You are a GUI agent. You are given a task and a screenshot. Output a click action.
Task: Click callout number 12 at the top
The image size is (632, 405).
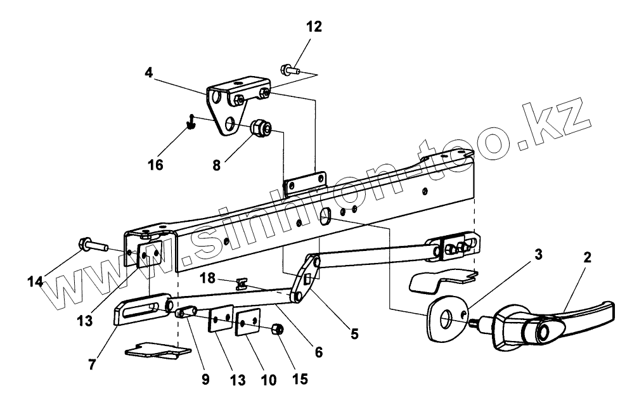pos(314,27)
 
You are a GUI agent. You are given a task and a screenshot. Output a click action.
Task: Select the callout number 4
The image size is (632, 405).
pos(148,72)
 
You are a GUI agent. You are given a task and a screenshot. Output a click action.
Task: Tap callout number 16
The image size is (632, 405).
pos(155,165)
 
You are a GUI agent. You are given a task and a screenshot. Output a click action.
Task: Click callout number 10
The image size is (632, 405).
pos(268,380)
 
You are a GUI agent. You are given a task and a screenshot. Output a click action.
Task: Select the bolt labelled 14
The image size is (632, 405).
pos(92,245)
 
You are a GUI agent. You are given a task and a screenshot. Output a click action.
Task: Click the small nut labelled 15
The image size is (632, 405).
pos(276,330)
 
